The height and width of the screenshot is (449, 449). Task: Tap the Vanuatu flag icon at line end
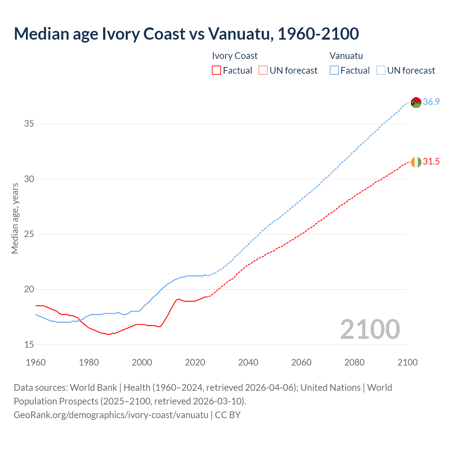point(416,102)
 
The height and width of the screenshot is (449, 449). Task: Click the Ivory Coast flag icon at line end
point(416,162)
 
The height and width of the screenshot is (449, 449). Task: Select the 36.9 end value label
point(431,102)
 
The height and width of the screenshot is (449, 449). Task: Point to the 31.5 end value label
point(431,162)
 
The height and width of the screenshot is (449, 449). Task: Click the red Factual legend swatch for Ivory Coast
point(216,71)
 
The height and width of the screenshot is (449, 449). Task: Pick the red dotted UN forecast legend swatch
point(263,71)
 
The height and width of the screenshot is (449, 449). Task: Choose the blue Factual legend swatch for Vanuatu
point(334,71)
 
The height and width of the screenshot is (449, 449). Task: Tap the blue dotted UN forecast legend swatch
point(381,71)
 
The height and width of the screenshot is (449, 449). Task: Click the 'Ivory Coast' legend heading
point(235,56)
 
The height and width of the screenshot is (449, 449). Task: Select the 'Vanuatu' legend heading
point(346,56)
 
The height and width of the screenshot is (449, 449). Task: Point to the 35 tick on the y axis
point(29,124)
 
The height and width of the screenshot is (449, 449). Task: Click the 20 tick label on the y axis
point(29,289)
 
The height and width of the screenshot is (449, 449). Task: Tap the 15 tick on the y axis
point(29,344)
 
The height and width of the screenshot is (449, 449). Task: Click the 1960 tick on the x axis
point(36,362)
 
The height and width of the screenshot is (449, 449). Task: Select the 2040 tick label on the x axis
point(248,362)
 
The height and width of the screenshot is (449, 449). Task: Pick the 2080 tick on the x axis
point(354,362)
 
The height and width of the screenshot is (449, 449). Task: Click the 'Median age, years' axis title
point(15,218)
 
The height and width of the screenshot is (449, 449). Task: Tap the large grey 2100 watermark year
point(370,329)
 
